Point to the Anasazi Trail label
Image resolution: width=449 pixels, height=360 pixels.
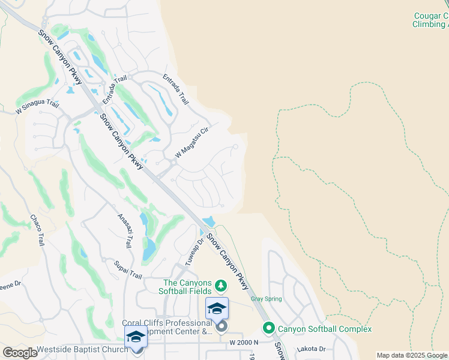[x=125, y=230]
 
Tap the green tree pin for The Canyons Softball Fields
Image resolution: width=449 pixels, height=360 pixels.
[x=221, y=284]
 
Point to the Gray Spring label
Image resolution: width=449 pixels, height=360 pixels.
[x=266, y=299]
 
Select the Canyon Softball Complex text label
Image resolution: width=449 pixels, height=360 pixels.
[x=324, y=329]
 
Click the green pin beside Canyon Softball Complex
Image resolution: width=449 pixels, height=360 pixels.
[x=268, y=328]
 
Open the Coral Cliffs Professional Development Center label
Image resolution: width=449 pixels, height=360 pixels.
[x=167, y=327]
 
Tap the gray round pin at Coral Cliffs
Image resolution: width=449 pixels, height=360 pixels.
[x=221, y=326]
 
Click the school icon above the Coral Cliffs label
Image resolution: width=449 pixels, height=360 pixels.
[x=217, y=308]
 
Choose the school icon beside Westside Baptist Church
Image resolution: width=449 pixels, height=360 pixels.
[x=136, y=337]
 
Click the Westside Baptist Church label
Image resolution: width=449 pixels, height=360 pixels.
[x=82, y=349]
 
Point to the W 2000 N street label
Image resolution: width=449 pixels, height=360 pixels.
[x=243, y=342]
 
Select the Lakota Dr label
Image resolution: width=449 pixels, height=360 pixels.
[x=313, y=349]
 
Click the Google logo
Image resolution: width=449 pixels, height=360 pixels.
[x=19, y=353]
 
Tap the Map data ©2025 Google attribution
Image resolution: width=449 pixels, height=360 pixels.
[x=412, y=355]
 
